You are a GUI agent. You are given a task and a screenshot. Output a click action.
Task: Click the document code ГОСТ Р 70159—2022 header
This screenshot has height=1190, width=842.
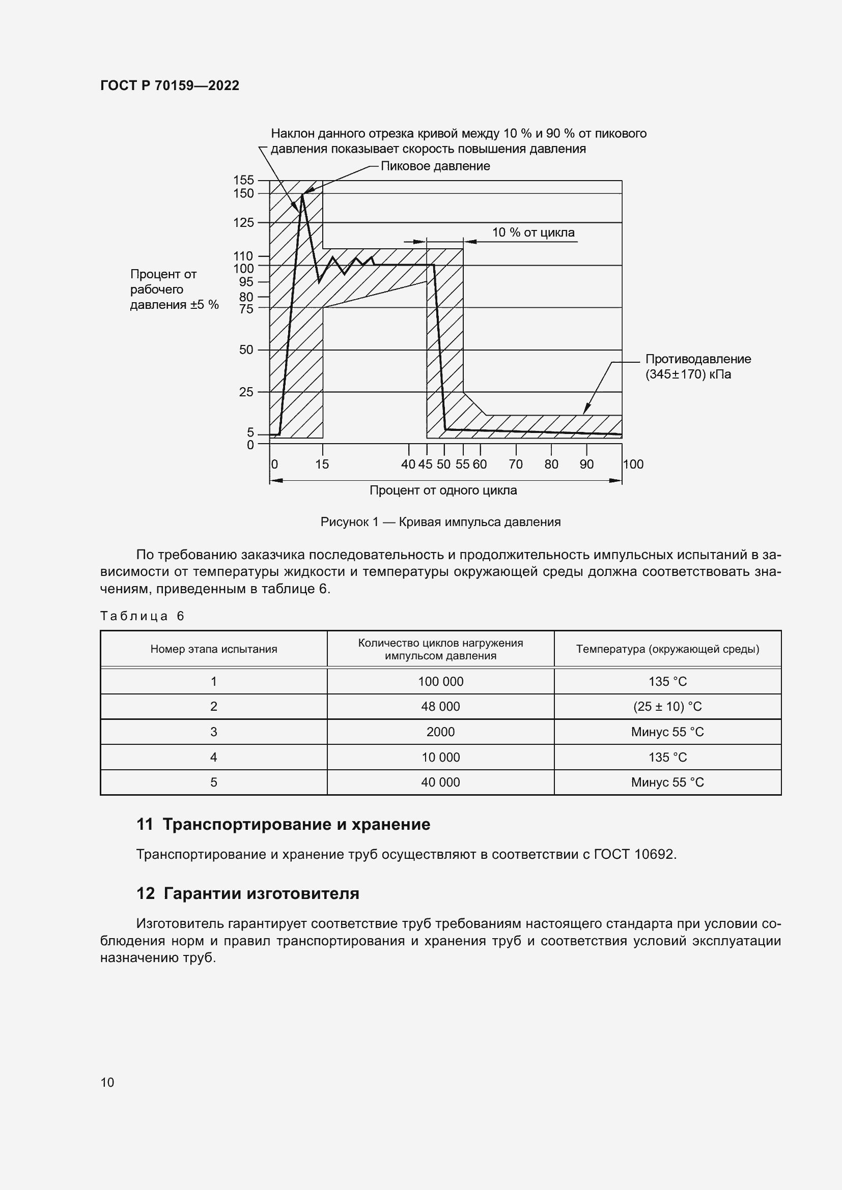coord(170,85)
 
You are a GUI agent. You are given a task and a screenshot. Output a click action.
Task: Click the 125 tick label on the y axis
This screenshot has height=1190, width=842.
coord(244,223)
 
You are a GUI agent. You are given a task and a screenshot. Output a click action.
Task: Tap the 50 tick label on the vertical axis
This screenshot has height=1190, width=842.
coord(246,350)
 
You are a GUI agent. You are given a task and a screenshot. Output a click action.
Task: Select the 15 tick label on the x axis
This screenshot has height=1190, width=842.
coord(322,465)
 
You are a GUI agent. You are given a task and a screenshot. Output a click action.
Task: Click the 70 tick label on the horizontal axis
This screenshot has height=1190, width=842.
coord(515,465)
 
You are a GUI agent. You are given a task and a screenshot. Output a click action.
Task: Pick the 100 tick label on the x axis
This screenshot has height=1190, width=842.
coord(633,465)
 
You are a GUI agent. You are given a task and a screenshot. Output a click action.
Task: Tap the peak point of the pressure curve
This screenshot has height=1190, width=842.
coord(302,194)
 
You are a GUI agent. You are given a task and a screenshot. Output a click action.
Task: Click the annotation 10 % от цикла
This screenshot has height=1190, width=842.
coord(533,232)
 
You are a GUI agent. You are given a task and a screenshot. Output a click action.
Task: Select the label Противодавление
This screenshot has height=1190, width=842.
coord(698,359)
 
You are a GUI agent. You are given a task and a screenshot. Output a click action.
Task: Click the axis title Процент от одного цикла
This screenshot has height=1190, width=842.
coord(443,490)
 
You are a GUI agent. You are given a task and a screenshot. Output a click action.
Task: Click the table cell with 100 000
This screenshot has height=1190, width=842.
coord(440,682)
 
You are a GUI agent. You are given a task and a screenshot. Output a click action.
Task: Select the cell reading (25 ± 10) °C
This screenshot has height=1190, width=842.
coord(667,707)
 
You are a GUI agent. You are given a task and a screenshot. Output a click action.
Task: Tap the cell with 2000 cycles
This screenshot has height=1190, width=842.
coord(440,732)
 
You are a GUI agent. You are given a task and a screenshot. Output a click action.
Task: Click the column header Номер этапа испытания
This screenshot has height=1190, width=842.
coord(214,649)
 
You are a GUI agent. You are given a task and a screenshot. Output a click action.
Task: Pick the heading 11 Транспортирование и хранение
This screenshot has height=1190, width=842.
coord(283,825)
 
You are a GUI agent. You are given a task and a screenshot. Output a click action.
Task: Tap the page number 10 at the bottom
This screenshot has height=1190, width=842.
coord(107,1083)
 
